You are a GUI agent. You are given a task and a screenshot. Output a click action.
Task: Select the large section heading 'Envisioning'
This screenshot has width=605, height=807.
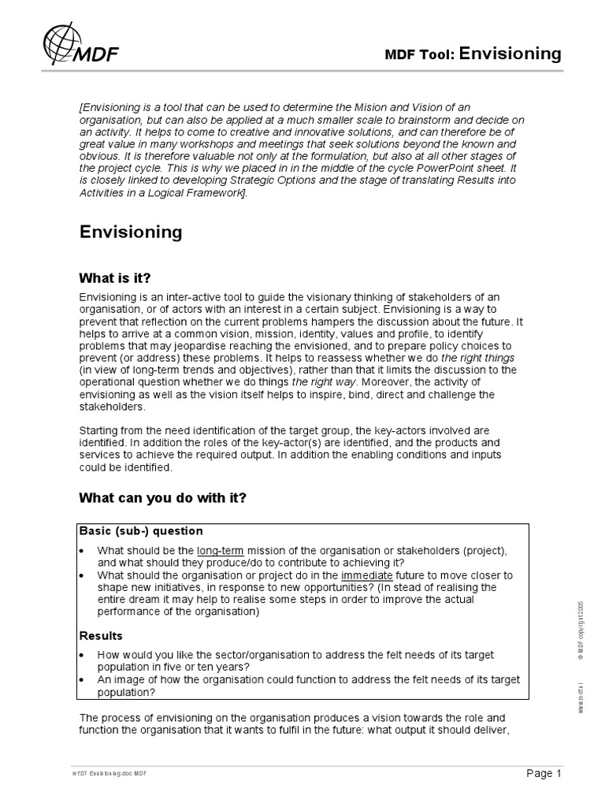[x=131, y=232]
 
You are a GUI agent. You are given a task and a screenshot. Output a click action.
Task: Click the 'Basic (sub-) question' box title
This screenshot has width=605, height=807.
[x=141, y=530]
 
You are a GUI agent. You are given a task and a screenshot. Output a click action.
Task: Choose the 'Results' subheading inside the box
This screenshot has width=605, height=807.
[x=101, y=635]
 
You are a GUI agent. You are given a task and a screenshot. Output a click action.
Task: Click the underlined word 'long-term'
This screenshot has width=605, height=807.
[x=221, y=550]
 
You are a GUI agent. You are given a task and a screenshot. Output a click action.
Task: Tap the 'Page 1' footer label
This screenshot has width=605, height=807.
[x=543, y=773]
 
